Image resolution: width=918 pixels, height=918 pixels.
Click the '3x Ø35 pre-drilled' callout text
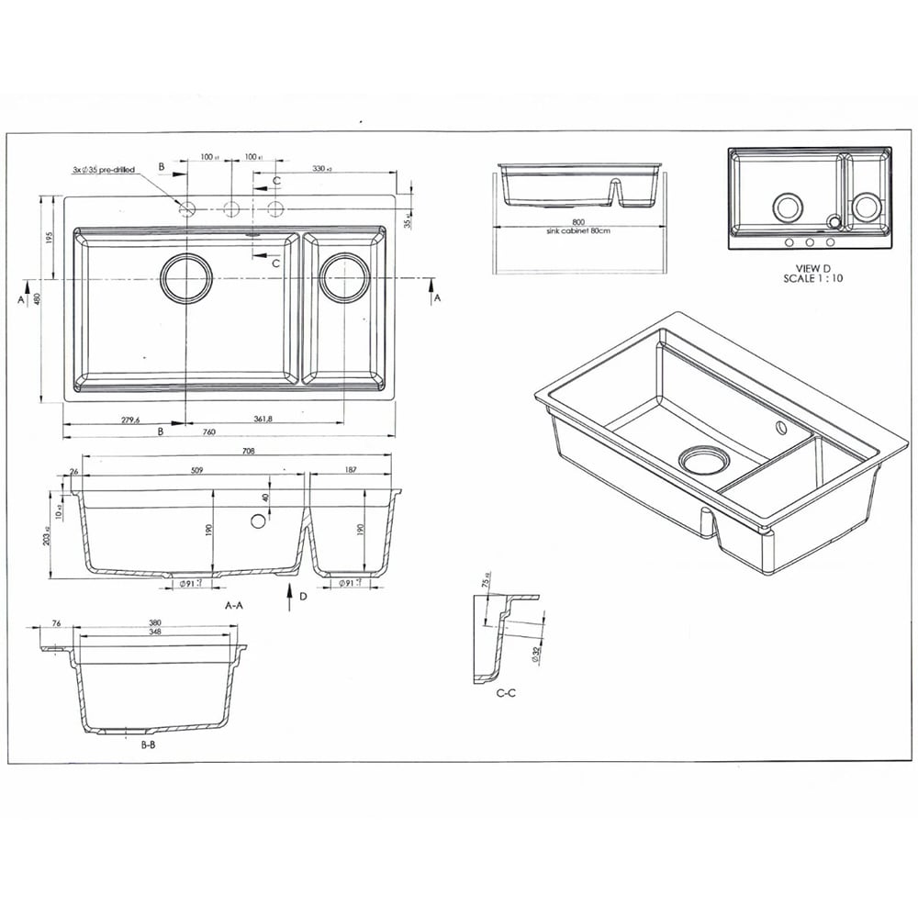pyautogui.click(x=103, y=170)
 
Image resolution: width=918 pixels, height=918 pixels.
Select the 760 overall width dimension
pyautogui.click(x=209, y=432)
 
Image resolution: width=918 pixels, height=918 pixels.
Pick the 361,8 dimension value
pyautogui.click(x=262, y=420)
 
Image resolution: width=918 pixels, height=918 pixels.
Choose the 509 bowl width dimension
pyautogui.click(x=196, y=470)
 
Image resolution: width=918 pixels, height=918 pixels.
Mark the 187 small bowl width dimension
pyautogui.click(x=351, y=470)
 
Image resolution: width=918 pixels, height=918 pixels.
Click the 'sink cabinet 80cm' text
pyautogui.click(x=577, y=230)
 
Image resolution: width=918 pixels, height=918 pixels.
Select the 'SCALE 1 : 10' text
pyautogui.click(x=812, y=278)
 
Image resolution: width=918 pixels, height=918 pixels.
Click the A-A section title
pyautogui.click(x=234, y=606)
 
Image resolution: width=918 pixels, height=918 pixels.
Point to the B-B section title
pyautogui.click(x=148, y=745)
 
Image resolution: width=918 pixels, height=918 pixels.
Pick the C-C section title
pyautogui.click(x=506, y=693)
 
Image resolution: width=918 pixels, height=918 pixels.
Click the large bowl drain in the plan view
pyautogui.click(x=186, y=277)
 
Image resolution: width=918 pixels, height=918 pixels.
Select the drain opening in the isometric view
pyautogui.click(x=702, y=458)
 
